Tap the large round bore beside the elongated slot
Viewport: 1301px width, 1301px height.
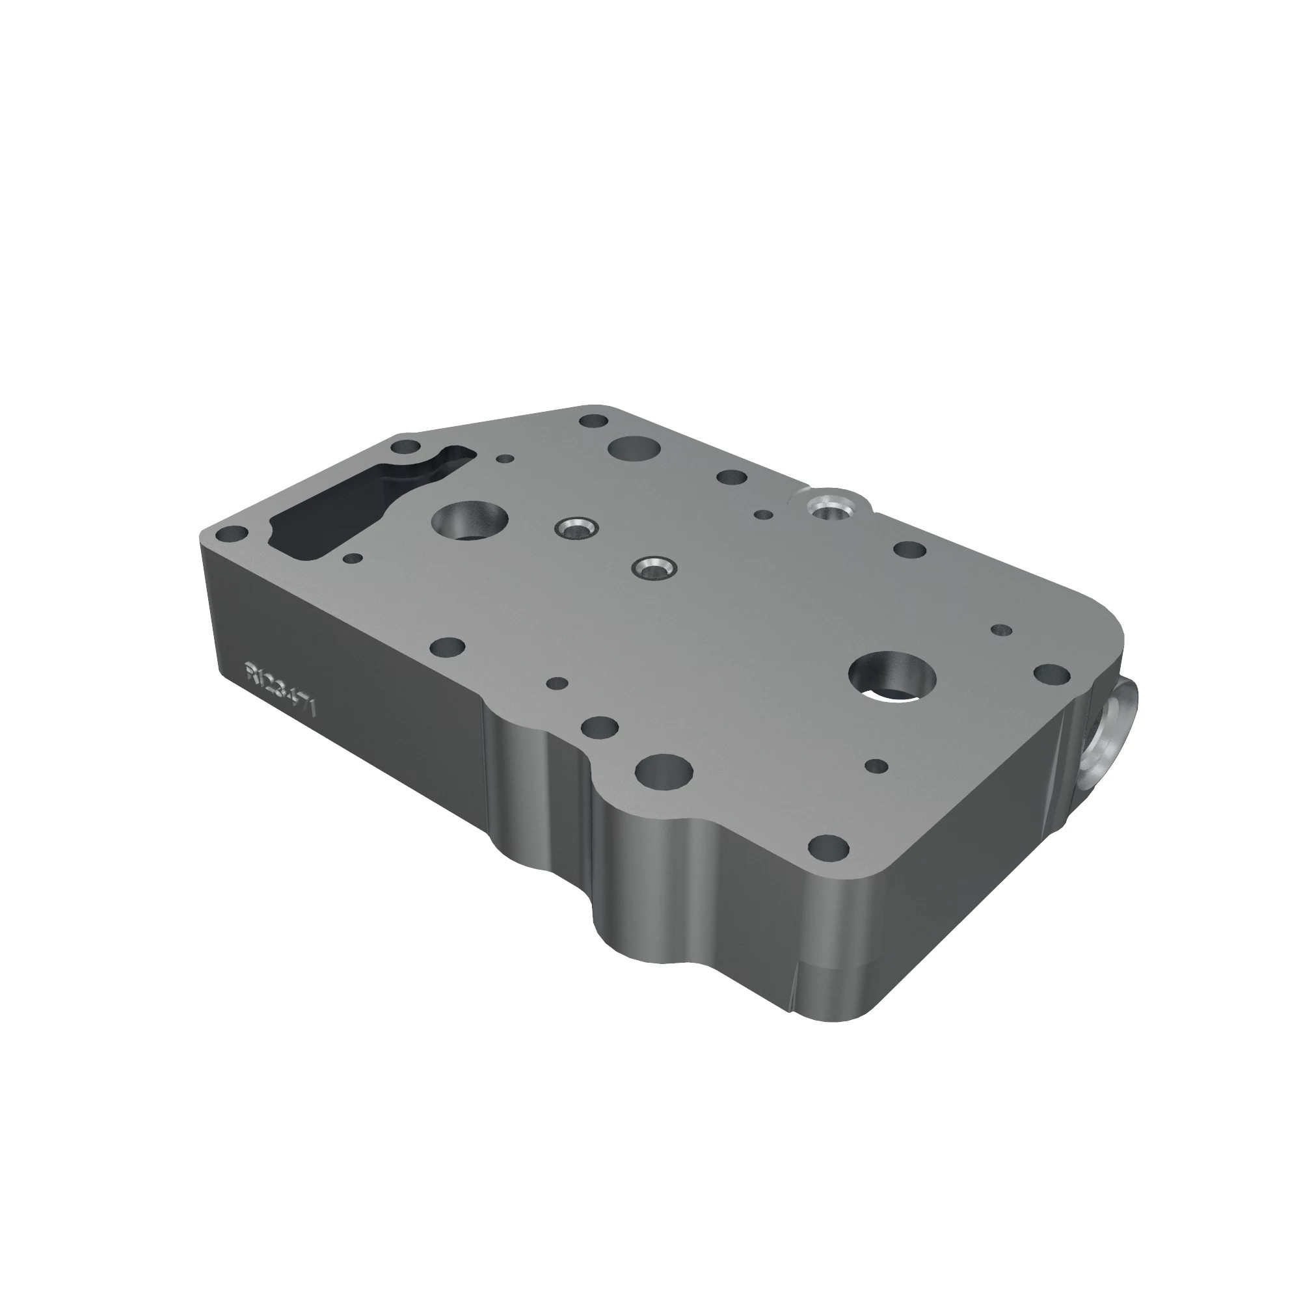tap(470, 520)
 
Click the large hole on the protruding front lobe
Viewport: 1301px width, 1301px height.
tap(664, 770)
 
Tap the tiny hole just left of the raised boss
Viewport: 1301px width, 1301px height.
tap(763, 515)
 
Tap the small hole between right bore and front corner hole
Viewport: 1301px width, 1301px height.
tap(877, 766)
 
